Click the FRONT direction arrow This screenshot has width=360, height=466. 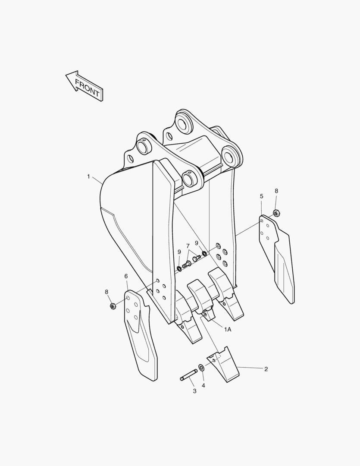coord(85,86)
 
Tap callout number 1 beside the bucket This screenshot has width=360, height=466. coord(88,177)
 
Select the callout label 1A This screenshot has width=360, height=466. coord(228,329)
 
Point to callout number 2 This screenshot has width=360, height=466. coord(266,369)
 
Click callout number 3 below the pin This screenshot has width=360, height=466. coord(194,391)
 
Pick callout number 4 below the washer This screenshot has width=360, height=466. coord(203,385)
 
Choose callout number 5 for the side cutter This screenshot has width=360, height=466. coord(261,196)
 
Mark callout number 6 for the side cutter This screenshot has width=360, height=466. coord(126,277)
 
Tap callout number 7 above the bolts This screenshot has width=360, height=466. coord(188,246)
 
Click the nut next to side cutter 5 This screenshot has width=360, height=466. coord(276,213)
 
